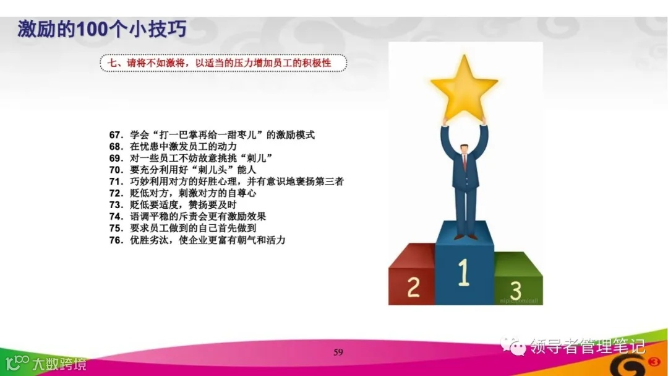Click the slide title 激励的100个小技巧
(x=102, y=29)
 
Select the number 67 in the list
(x=116, y=135)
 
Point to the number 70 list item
(x=116, y=170)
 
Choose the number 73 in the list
(x=116, y=204)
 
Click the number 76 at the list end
(x=116, y=240)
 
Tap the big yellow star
(x=463, y=87)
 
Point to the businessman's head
(x=464, y=141)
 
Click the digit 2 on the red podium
(x=413, y=286)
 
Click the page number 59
(x=338, y=352)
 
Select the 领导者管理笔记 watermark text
(x=588, y=345)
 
